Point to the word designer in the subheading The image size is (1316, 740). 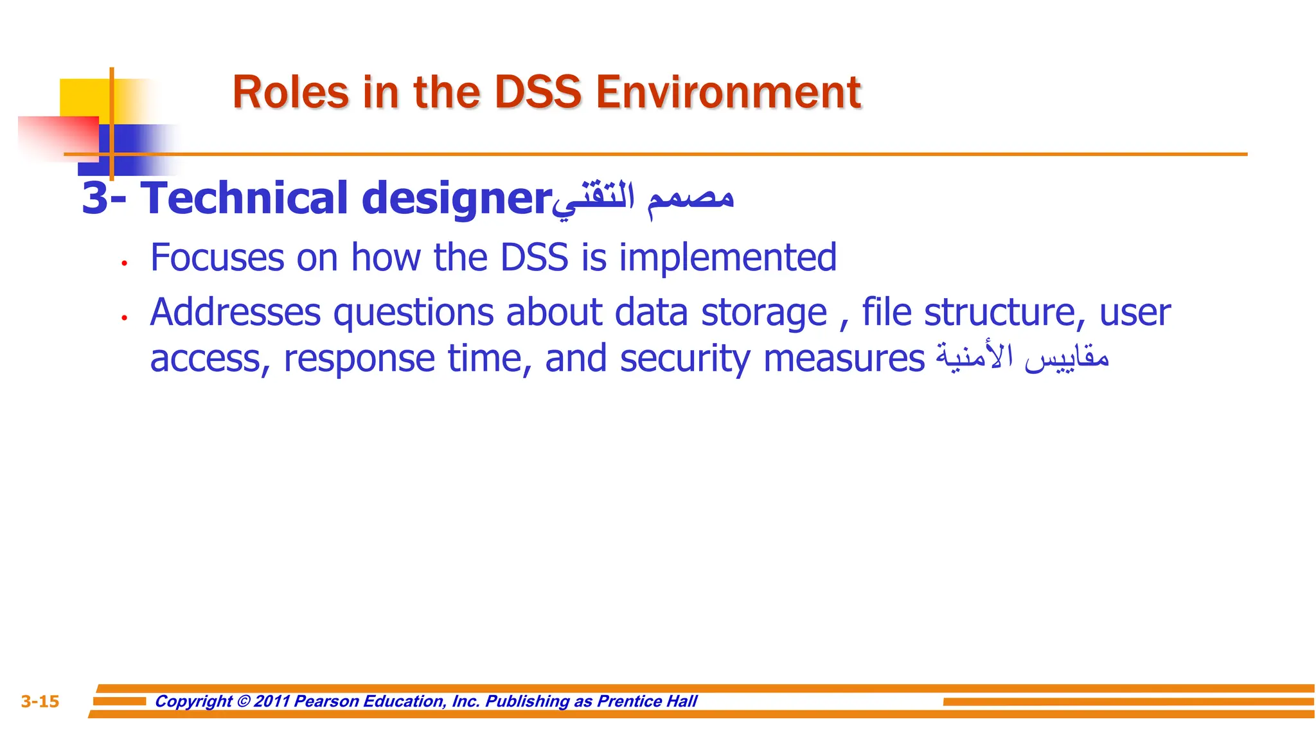(456, 199)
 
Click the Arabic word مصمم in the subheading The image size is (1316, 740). (691, 198)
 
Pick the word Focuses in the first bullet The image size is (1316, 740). (217, 258)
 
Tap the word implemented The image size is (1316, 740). (727, 259)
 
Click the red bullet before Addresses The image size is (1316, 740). (125, 317)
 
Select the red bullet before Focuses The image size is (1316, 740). (125, 263)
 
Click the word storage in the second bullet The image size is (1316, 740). (763, 314)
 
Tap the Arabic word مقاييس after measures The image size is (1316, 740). (1067, 358)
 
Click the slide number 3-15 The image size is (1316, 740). (40, 701)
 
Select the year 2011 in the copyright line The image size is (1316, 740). (272, 701)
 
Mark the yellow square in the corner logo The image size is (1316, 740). (84, 96)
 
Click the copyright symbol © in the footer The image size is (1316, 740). (244, 701)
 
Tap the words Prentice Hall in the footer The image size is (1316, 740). (647, 701)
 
